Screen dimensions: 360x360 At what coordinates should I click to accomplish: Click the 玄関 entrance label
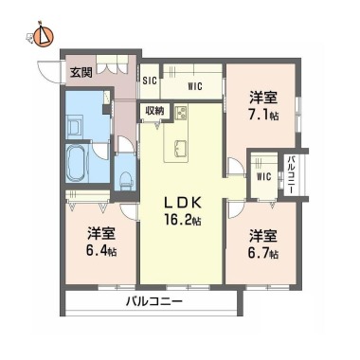click(81, 73)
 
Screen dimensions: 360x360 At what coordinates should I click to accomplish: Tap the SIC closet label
click(150, 81)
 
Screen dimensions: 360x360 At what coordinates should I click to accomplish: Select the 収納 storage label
click(154, 111)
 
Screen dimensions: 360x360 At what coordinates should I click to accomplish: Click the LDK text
click(183, 203)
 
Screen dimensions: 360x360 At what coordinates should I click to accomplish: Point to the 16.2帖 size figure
click(183, 220)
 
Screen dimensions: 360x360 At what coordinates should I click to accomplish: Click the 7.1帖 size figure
click(264, 115)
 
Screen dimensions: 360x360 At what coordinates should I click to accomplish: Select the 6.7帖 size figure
click(263, 254)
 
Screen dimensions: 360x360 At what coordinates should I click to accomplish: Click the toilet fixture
click(126, 180)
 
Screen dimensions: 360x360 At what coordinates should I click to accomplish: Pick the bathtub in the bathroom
click(76, 163)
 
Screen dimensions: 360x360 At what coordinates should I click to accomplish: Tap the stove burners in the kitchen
click(181, 113)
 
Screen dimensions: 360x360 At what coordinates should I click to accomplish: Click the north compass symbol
click(44, 35)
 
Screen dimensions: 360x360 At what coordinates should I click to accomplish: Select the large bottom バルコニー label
click(154, 301)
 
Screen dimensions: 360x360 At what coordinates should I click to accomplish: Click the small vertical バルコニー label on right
click(291, 174)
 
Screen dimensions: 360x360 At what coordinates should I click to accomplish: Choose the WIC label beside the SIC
click(195, 86)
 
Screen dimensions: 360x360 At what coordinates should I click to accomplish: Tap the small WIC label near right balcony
click(263, 176)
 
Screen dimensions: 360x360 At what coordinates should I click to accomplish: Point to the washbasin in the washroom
click(74, 127)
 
